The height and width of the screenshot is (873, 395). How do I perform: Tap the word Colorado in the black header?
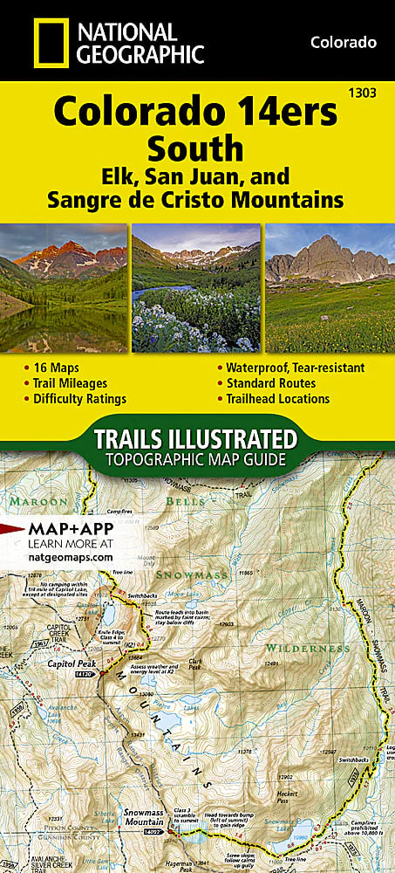tap(343, 42)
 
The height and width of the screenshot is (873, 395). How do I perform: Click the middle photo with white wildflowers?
tap(196, 288)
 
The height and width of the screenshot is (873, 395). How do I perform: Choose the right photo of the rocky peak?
tap(330, 288)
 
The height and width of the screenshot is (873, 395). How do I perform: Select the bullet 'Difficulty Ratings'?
tap(81, 399)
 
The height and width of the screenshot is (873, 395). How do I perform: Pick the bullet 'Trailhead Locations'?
tap(278, 399)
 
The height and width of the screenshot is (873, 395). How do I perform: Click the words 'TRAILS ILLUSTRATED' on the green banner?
tap(196, 437)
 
